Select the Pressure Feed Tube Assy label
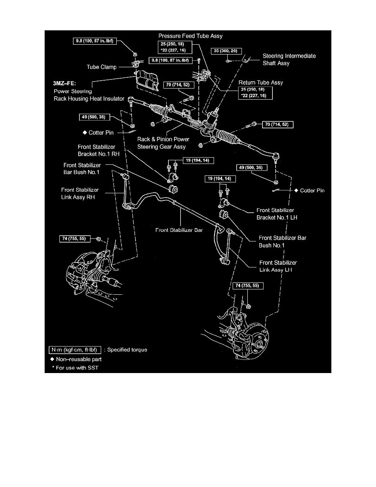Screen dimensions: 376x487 point(190,36)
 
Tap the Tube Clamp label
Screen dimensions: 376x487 point(102,67)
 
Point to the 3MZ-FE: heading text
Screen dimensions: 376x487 point(65,83)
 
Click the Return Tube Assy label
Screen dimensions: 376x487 point(260,83)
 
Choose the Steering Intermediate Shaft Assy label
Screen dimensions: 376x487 point(289,59)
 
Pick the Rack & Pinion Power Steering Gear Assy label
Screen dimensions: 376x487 point(163,143)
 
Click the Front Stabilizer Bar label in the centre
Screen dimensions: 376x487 point(179,230)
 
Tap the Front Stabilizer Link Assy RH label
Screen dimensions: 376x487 point(80,193)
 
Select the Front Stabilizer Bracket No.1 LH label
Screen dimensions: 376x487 point(277,214)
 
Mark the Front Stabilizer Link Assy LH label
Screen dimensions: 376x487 point(278,266)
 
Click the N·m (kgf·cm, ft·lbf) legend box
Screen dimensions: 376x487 point(75,350)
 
